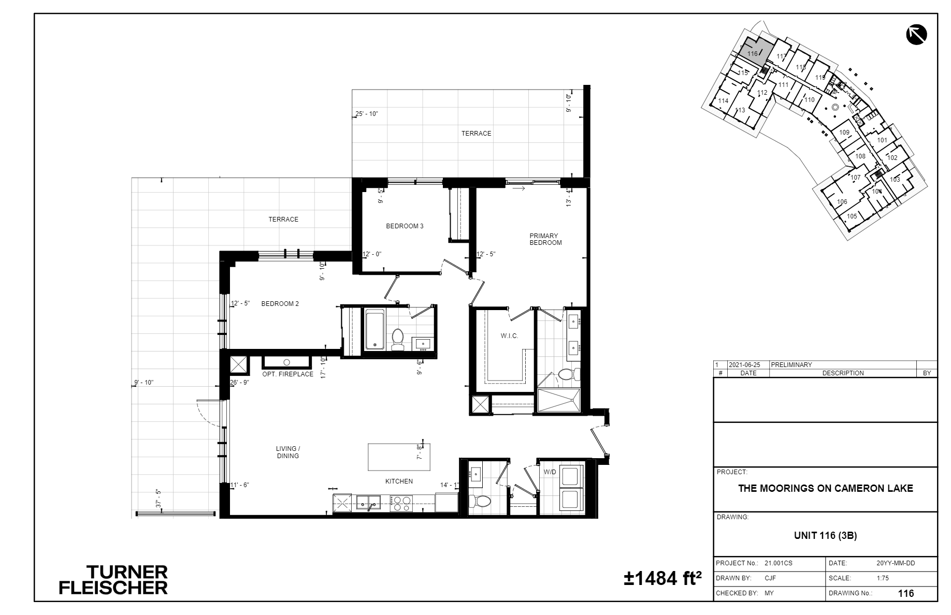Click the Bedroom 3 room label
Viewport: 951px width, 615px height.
click(x=405, y=226)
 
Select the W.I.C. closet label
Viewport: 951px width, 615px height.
click(x=509, y=336)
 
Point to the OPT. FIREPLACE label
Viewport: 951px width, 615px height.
click(x=287, y=374)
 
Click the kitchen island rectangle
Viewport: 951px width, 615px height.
click(x=399, y=457)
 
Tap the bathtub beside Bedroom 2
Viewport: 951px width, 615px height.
click(x=374, y=330)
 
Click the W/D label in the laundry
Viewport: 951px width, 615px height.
click(x=550, y=472)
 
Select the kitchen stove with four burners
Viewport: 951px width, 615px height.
click(x=400, y=503)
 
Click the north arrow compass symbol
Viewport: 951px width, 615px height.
click(x=916, y=35)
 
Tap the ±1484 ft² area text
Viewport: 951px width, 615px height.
click(x=662, y=578)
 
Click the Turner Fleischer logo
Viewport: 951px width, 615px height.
click(x=113, y=580)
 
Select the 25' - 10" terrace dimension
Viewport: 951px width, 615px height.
click(x=366, y=114)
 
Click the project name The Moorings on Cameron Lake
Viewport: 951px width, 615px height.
click(x=825, y=488)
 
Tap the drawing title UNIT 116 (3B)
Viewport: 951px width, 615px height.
click(x=825, y=536)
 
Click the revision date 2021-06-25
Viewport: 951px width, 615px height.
click(x=744, y=365)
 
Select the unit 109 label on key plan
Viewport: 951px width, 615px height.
click(x=844, y=133)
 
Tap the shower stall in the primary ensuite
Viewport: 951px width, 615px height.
click(x=559, y=401)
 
